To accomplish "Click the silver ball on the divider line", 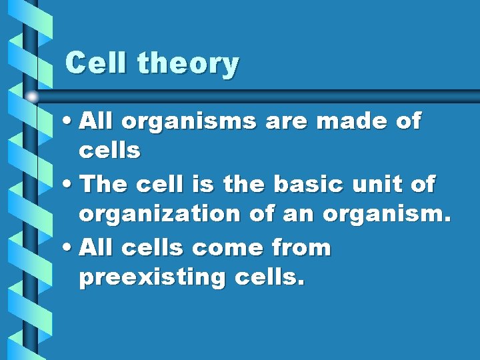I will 32,97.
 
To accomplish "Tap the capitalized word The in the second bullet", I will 101,185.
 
